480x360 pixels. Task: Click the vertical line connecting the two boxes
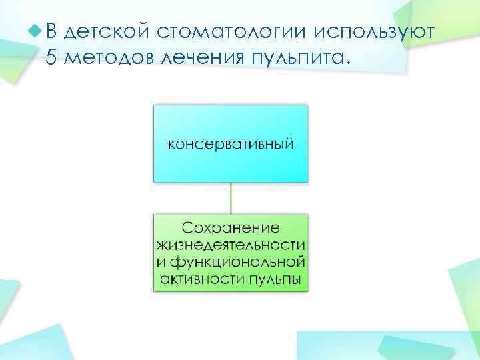tap(231, 198)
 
